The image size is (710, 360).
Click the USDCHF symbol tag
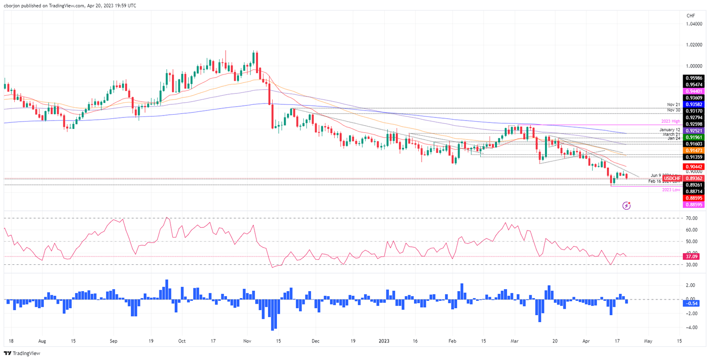(672, 178)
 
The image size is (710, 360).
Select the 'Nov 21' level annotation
(674, 104)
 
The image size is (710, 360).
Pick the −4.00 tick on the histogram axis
(692, 328)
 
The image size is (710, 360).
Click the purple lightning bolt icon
(627, 218)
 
